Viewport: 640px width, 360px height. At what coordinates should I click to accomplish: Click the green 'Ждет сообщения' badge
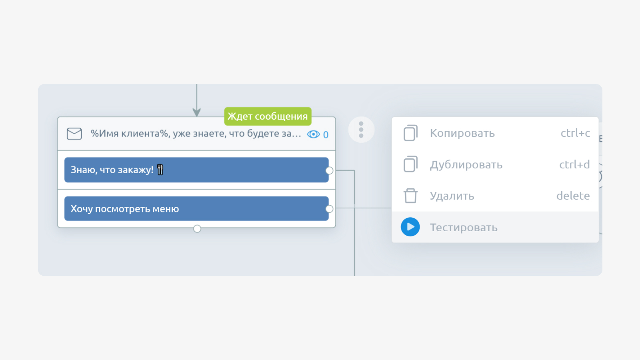click(268, 116)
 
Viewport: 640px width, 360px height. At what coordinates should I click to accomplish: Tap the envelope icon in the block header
click(74, 134)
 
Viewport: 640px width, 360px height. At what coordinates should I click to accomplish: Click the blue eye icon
click(314, 134)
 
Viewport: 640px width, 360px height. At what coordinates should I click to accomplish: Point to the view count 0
click(326, 134)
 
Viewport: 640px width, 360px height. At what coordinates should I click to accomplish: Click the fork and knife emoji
click(160, 170)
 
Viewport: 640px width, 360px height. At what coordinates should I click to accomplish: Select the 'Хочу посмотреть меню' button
click(196, 208)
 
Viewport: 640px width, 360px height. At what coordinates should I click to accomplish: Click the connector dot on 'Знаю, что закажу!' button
click(329, 170)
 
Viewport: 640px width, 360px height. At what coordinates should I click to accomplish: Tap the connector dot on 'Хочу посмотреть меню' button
click(329, 209)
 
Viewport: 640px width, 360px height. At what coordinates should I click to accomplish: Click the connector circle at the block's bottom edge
click(197, 228)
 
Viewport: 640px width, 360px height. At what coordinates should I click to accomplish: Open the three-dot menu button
click(361, 130)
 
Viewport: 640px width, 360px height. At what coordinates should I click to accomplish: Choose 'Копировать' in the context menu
click(462, 133)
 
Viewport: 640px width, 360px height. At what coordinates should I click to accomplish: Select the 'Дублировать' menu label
click(466, 165)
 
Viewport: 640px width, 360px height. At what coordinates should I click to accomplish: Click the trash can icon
click(410, 196)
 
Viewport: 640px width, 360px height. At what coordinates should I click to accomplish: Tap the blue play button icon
click(410, 227)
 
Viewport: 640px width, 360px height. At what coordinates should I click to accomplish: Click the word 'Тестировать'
click(464, 228)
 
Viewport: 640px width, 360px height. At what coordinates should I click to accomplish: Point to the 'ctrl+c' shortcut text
click(575, 133)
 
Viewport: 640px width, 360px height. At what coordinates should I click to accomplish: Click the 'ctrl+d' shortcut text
click(574, 164)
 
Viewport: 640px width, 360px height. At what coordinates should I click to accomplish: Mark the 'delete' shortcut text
click(573, 196)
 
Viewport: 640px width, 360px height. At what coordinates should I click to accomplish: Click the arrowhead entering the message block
click(196, 112)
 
